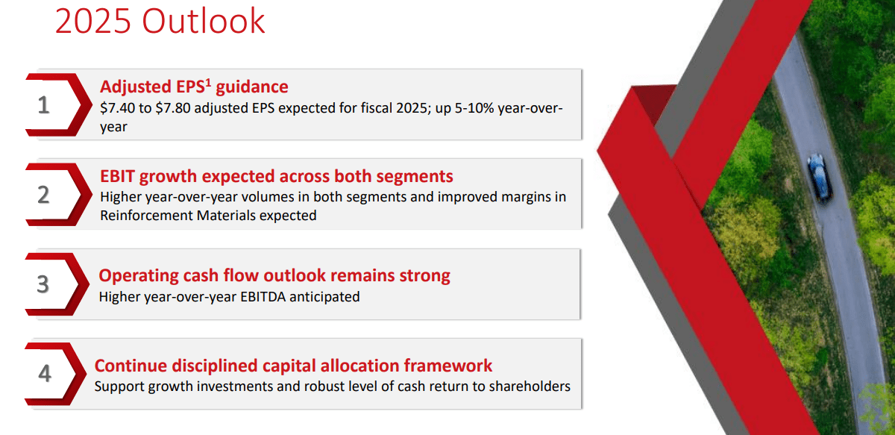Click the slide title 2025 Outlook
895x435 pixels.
coord(160,22)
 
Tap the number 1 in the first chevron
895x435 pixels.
coord(43,105)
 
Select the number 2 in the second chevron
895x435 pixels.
coord(43,195)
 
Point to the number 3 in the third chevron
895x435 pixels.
coord(43,284)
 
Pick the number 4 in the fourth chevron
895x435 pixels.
coord(44,373)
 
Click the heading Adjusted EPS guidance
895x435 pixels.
coord(194,87)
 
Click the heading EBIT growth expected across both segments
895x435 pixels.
coord(276,177)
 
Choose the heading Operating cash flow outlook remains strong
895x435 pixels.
coord(274,275)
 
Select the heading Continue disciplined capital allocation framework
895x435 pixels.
coord(293,366)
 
